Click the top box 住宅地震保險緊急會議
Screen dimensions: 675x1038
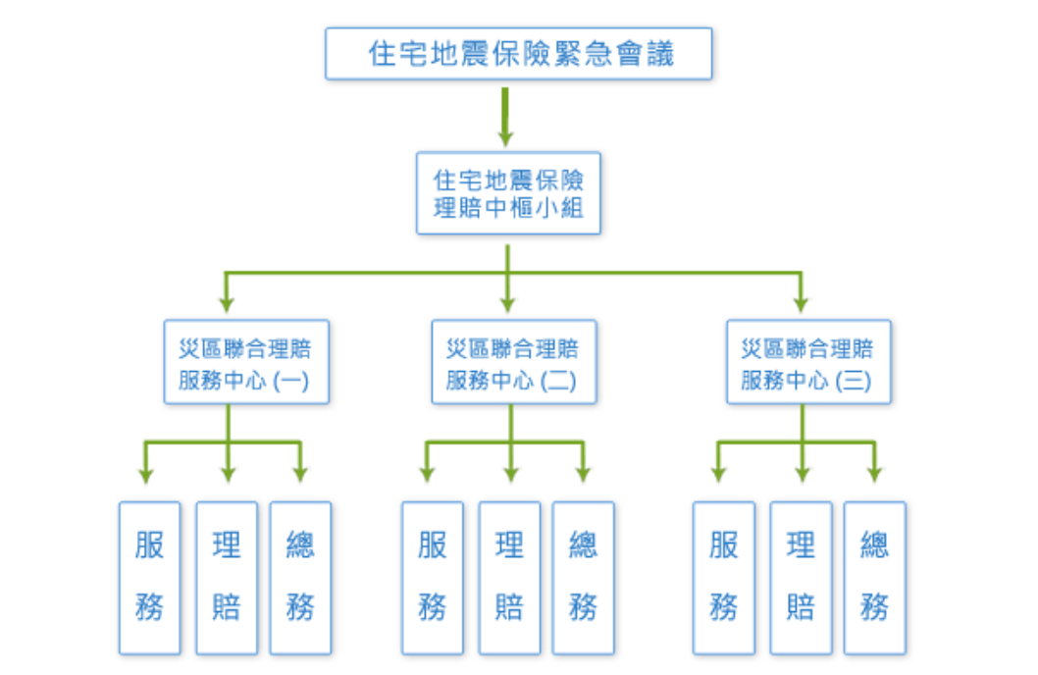[x=519, y=53]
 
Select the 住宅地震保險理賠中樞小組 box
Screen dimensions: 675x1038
[x=508, y=192]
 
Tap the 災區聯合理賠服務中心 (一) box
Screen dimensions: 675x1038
[x=245, y=362]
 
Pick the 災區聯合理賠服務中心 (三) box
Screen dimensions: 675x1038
[x=808, y=362]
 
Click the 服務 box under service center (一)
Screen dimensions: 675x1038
[x=150, y=578]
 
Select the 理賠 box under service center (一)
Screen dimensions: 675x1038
[x=227, y=578]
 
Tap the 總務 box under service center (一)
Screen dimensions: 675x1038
[x=300, y=578]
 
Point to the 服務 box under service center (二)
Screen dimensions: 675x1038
[x=432, y=578]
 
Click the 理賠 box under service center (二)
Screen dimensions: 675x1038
[x=509, y=578]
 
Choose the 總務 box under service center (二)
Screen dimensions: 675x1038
[x=583, y=578]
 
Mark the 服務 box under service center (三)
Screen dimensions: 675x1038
[x=724, y=578]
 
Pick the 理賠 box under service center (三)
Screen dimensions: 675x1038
[x=801, y=578]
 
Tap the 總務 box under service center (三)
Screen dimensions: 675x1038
[x=874, y=578]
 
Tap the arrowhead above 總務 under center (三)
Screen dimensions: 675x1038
[x=874, y=475]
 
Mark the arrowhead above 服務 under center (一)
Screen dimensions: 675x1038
[x=147, y=475]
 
